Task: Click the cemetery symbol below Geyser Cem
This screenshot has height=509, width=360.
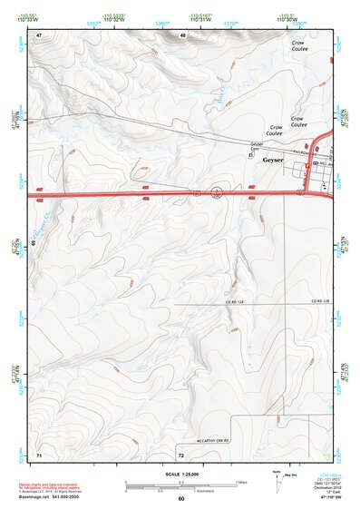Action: tap(251, 155)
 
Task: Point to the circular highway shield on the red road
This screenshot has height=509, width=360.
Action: tap(217, 191)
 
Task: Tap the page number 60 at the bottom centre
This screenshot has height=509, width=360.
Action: tap(180, 498)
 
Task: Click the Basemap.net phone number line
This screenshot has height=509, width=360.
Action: tap(54, 497)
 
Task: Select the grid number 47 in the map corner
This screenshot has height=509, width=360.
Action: tap(39, 35)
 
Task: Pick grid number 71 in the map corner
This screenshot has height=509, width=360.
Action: tap(39, 452)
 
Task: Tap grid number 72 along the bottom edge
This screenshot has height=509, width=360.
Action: tap(181, 452)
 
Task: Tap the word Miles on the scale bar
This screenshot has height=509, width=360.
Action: tap(240, 481)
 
